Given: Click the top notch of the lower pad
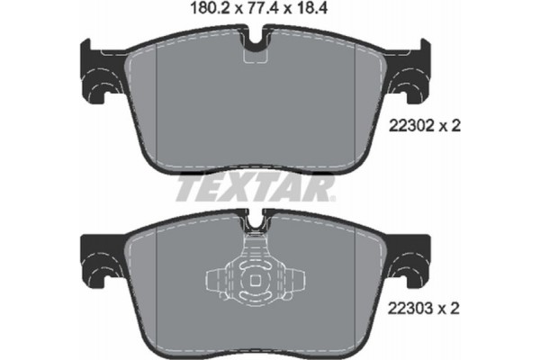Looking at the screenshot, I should tap(257, 220).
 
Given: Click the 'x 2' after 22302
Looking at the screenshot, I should tap(450, 127).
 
